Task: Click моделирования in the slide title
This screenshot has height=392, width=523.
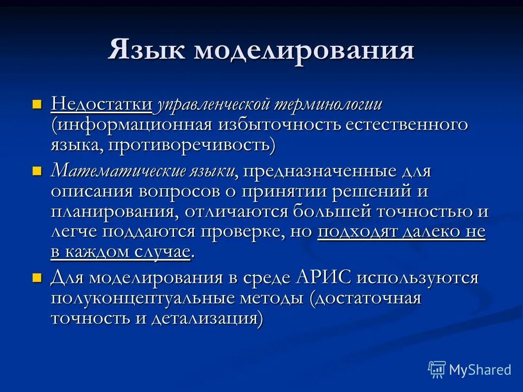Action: pyautogui.click(x=304, y=51)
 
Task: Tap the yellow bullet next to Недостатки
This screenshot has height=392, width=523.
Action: pyautogui.click(x=36, y=104)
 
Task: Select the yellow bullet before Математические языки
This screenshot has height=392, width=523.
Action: pyautogui.click(x=36, y=172)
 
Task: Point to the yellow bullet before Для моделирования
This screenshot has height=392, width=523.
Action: pyautogui.click(x=36, y=278)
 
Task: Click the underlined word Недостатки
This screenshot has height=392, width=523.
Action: pyautogui.click(x=102, y=104)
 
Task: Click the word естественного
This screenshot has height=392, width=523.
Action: pyautogui.click(x=406, y=125)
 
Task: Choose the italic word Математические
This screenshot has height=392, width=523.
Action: pyautogui.click(x=117, y=172)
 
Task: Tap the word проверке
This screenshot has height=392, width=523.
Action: pyautogui.click(x=255, y=232)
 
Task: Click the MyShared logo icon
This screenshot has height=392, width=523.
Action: pyautogui.click(x=437, y=369)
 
